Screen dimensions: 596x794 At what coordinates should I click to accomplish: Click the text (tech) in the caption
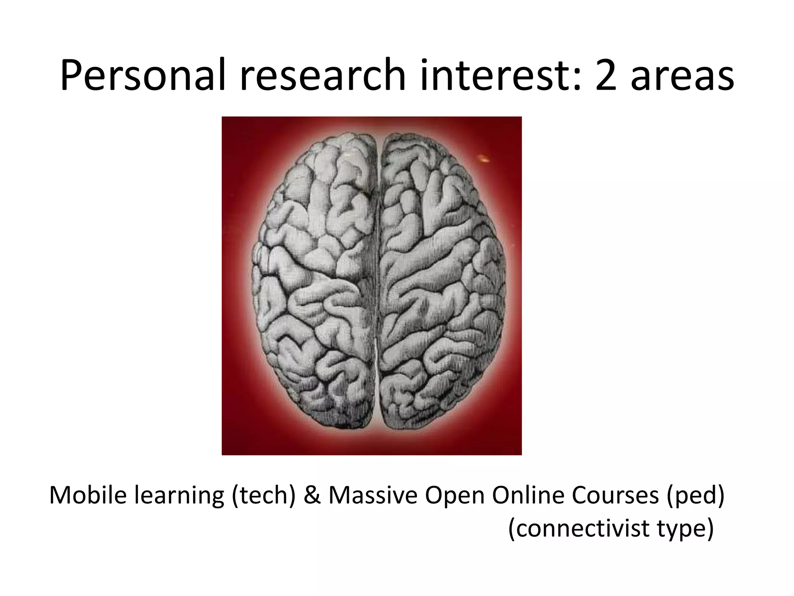click(264, 496)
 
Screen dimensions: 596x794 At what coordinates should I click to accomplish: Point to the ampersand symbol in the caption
click(312, 496)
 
